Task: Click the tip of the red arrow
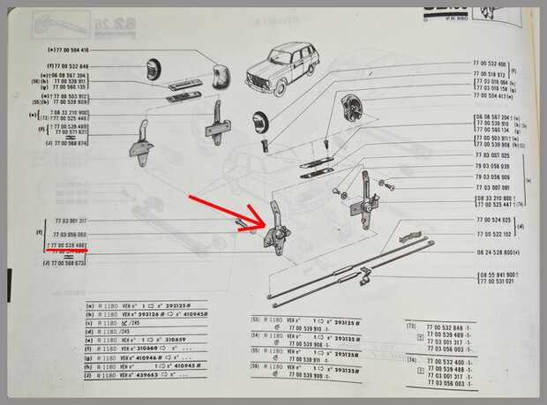point(266,229)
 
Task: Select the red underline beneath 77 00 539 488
point(66,251)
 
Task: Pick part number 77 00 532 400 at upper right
point(490,64)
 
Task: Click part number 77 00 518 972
point(490,77)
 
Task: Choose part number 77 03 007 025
point(491,155)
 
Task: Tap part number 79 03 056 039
point(491,166)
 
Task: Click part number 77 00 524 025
point(491,221)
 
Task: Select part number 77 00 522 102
point(491,234)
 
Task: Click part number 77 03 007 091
point(491,188)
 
